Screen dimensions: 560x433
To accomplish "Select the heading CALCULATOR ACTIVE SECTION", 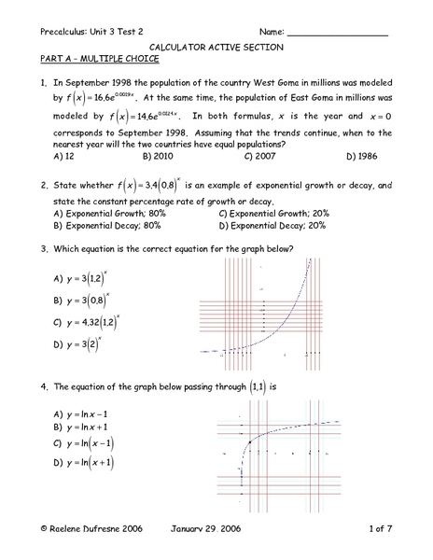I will pos(216,47).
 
